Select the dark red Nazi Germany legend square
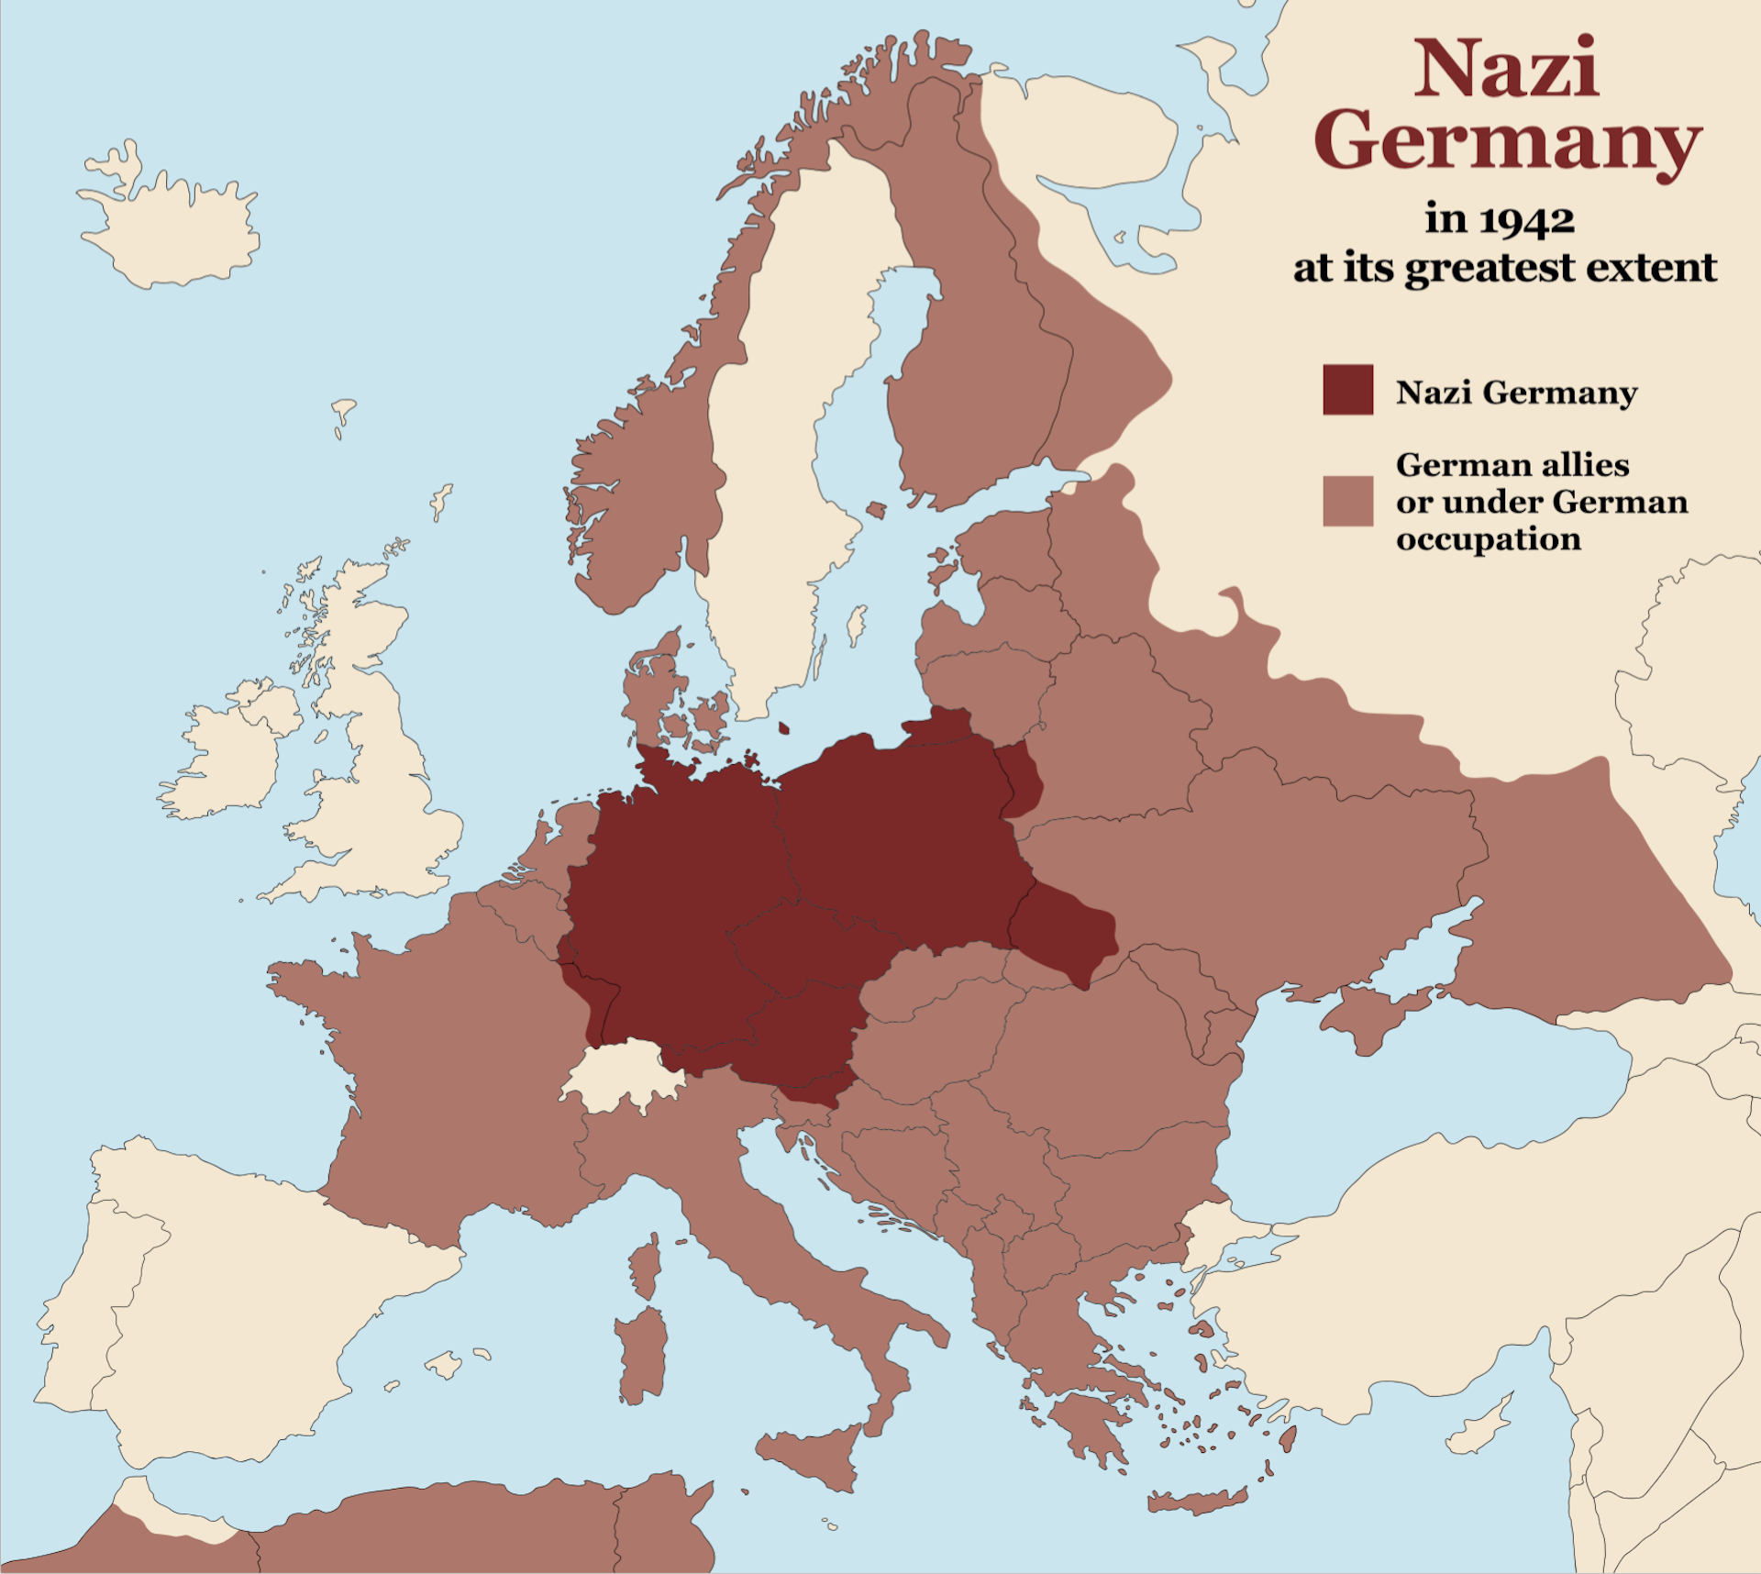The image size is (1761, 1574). [1347, 390]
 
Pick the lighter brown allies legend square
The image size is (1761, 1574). [1347, 501]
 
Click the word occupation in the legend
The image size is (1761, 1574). [1488, 538]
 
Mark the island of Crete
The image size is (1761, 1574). [1197, 1502]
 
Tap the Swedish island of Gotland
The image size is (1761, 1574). [855, 625]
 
